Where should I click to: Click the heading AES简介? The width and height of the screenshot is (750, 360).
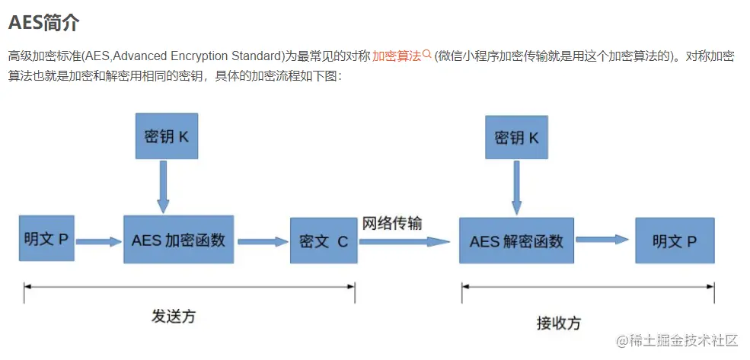point(43,22)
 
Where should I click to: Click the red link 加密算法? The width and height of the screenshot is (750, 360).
point(396,56)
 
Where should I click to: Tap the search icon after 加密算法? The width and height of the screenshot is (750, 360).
point(427,55)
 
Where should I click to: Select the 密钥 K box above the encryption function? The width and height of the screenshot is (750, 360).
point(166,137)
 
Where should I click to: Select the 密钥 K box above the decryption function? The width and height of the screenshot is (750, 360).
point(516,137)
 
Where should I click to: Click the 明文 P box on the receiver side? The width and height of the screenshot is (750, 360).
point(675,241)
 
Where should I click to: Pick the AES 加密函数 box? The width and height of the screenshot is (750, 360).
point(178,241)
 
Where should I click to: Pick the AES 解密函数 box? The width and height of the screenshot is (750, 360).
point(516,241)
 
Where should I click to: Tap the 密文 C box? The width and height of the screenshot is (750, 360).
point(324,241)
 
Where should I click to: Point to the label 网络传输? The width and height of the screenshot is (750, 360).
point(392,224)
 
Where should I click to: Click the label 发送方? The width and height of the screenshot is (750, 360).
point(174,316)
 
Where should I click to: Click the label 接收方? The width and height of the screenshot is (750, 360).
point(558,323)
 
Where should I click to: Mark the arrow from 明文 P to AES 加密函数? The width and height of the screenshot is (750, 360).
point(98,242)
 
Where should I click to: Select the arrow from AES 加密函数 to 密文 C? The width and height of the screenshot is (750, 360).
point(261,242)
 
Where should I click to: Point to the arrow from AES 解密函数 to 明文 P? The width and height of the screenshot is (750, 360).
point(603,240)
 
